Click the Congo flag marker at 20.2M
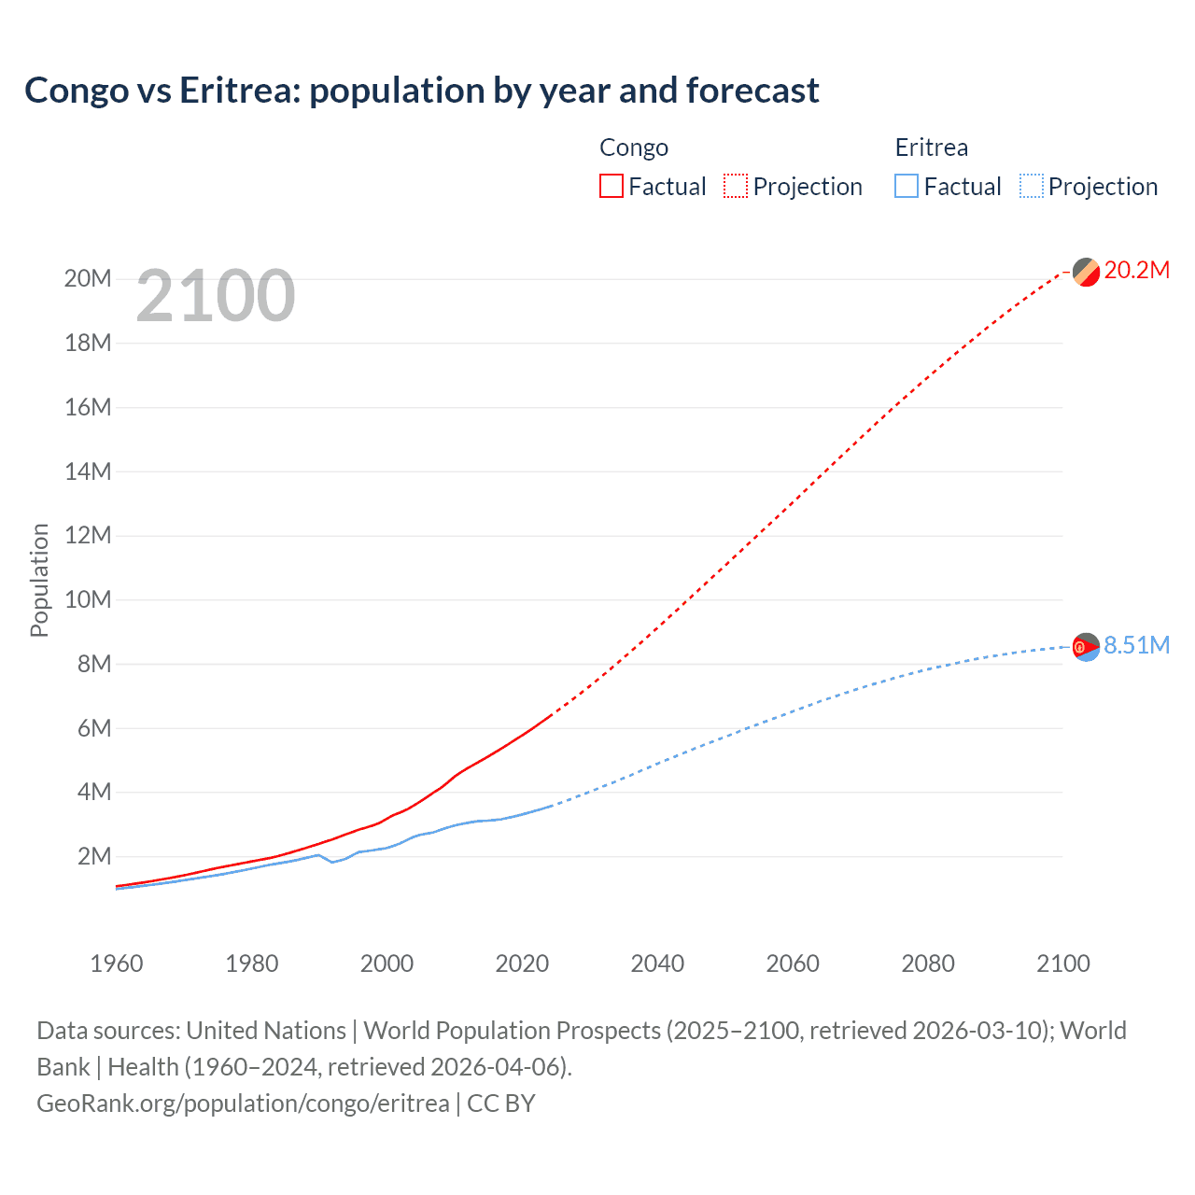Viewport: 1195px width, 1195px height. click(1086, 272)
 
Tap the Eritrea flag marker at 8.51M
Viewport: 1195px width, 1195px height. click(1086, 647)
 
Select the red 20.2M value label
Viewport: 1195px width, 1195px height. click(1136, 271)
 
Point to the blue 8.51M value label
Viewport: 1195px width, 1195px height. click(1136, 646)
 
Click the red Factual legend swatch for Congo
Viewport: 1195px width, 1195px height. click(611, 186)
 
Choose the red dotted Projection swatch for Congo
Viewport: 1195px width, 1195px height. click(736, 186)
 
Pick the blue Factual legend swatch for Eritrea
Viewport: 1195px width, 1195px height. click(907, 186)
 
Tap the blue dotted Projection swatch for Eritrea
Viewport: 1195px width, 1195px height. click(1032, 186)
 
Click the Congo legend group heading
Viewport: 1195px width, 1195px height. click(634, 148)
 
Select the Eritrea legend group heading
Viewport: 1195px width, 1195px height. click(931, 148)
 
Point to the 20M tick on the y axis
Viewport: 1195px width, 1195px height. click(88, 279)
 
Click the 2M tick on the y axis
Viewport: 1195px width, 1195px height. click(93, 856)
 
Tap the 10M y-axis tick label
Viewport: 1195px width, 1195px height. click(88, 599)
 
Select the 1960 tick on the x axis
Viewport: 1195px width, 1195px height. click(117, 963)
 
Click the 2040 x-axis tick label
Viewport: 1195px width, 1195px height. click(657, 963)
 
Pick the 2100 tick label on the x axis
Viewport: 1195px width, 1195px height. click(1062, 963)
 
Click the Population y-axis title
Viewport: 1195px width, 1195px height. click(39, 580)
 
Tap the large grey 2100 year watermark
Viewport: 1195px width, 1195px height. click(216, 297)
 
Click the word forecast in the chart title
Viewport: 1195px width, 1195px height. click(752, 91)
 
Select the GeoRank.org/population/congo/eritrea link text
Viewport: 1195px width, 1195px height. click(243, 1104)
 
